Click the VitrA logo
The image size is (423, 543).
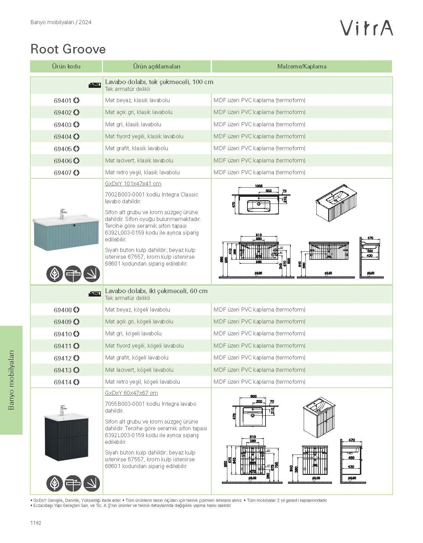pyautogui.click(x=367, y=28)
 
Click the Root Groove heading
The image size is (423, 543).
pyautogui.click(x=68, y=49)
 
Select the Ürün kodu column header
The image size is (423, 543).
pyautogui.click(x=66, y=66)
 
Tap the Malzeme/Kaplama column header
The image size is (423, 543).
pyautogui.click(x=302, y=66)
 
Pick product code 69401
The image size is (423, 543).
pyautogui.click(x=63, y=101)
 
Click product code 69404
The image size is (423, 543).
pyautogui.click(x=63, y=137)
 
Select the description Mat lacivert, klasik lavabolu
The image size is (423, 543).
pyautogui.click(x=139, y=160)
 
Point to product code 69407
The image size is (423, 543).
pyautogui.click(x=63, y=173)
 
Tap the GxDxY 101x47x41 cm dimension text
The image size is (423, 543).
pyautogui.click(x=133, y=184)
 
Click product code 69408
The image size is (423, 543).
pyautogui.click(x=63, y=310)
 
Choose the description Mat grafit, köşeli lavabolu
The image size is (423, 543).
pyautogui.click(x=137, y=357)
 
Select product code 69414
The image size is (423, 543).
pyautogui.click(x=63, y=382)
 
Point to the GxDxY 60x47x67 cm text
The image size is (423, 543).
pyautogui.click(x=131, y=393)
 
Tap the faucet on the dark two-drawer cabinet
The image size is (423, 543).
pyautogui.click(x=63, y=410)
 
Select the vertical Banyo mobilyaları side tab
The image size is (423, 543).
pyautogui.click(x=11, y=380)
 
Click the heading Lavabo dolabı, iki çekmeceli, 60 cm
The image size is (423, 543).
pyautogui.click(x=156, y=291)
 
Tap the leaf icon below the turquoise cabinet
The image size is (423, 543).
pyautogui.click(x=55, y=273)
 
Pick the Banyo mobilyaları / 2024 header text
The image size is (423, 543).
pyautogui.click(x=61, y=22)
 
